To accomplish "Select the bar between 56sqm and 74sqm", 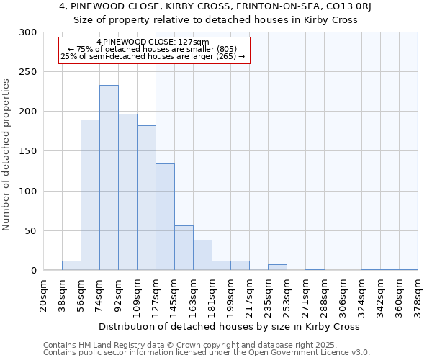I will coord(90,195).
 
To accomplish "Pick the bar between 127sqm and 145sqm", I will coord(165,217).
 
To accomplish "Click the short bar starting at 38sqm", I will coord(71,266).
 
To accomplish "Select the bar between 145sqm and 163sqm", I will coord(184,248).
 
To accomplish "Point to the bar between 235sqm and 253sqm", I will coord(277,267).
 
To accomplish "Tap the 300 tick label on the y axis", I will coord(28,32).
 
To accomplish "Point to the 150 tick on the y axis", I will coord(28,151).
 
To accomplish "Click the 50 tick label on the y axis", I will coord(31,231).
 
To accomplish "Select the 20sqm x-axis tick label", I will coord(44,295).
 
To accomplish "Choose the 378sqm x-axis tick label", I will coord(418,295).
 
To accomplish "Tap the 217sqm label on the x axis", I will coord(250,295).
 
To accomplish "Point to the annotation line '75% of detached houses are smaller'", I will coord(152,49).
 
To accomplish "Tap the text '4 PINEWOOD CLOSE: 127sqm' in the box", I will coord(152,42).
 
